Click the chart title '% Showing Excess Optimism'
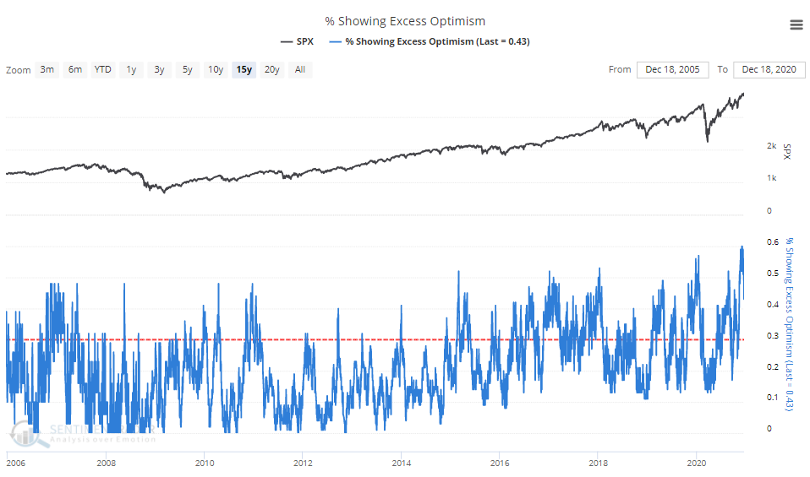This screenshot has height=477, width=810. coord(405,20)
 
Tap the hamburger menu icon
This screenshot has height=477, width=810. coord(796,24)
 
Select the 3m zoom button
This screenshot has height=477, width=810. coord(47,69)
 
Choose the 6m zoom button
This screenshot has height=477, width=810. coord(75,69)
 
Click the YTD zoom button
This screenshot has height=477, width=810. coord(103,69)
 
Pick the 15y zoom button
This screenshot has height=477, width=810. coord(244,69)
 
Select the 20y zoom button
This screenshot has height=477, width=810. coord(271,69)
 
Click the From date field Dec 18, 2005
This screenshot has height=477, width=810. coord(672,69)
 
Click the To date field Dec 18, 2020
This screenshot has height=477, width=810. coord(769,69)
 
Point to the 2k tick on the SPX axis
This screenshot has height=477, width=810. coord(771,146)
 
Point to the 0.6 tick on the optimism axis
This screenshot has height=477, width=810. coord(771,242)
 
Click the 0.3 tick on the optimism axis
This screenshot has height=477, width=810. coord(771,336)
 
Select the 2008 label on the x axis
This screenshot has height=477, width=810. coord(106,463)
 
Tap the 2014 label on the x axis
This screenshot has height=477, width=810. coord(402,463)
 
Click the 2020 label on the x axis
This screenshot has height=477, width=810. coord(697,463)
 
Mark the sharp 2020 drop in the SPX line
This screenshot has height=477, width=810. coord(708,140)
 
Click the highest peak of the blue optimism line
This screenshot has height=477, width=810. coord(742,247)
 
